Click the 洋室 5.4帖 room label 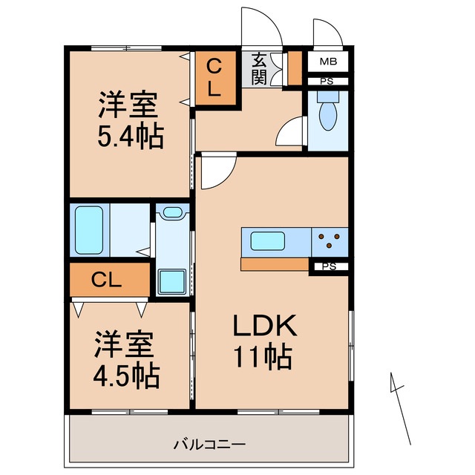coord(130,122)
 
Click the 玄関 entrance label coord(259,68)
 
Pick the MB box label coord(327,62)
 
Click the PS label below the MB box coord(327,82)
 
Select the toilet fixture coord(327,114)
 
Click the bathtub coord(89,229)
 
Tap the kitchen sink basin coord(265,241)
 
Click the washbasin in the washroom coord(172,214)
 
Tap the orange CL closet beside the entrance coord(214,78)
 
